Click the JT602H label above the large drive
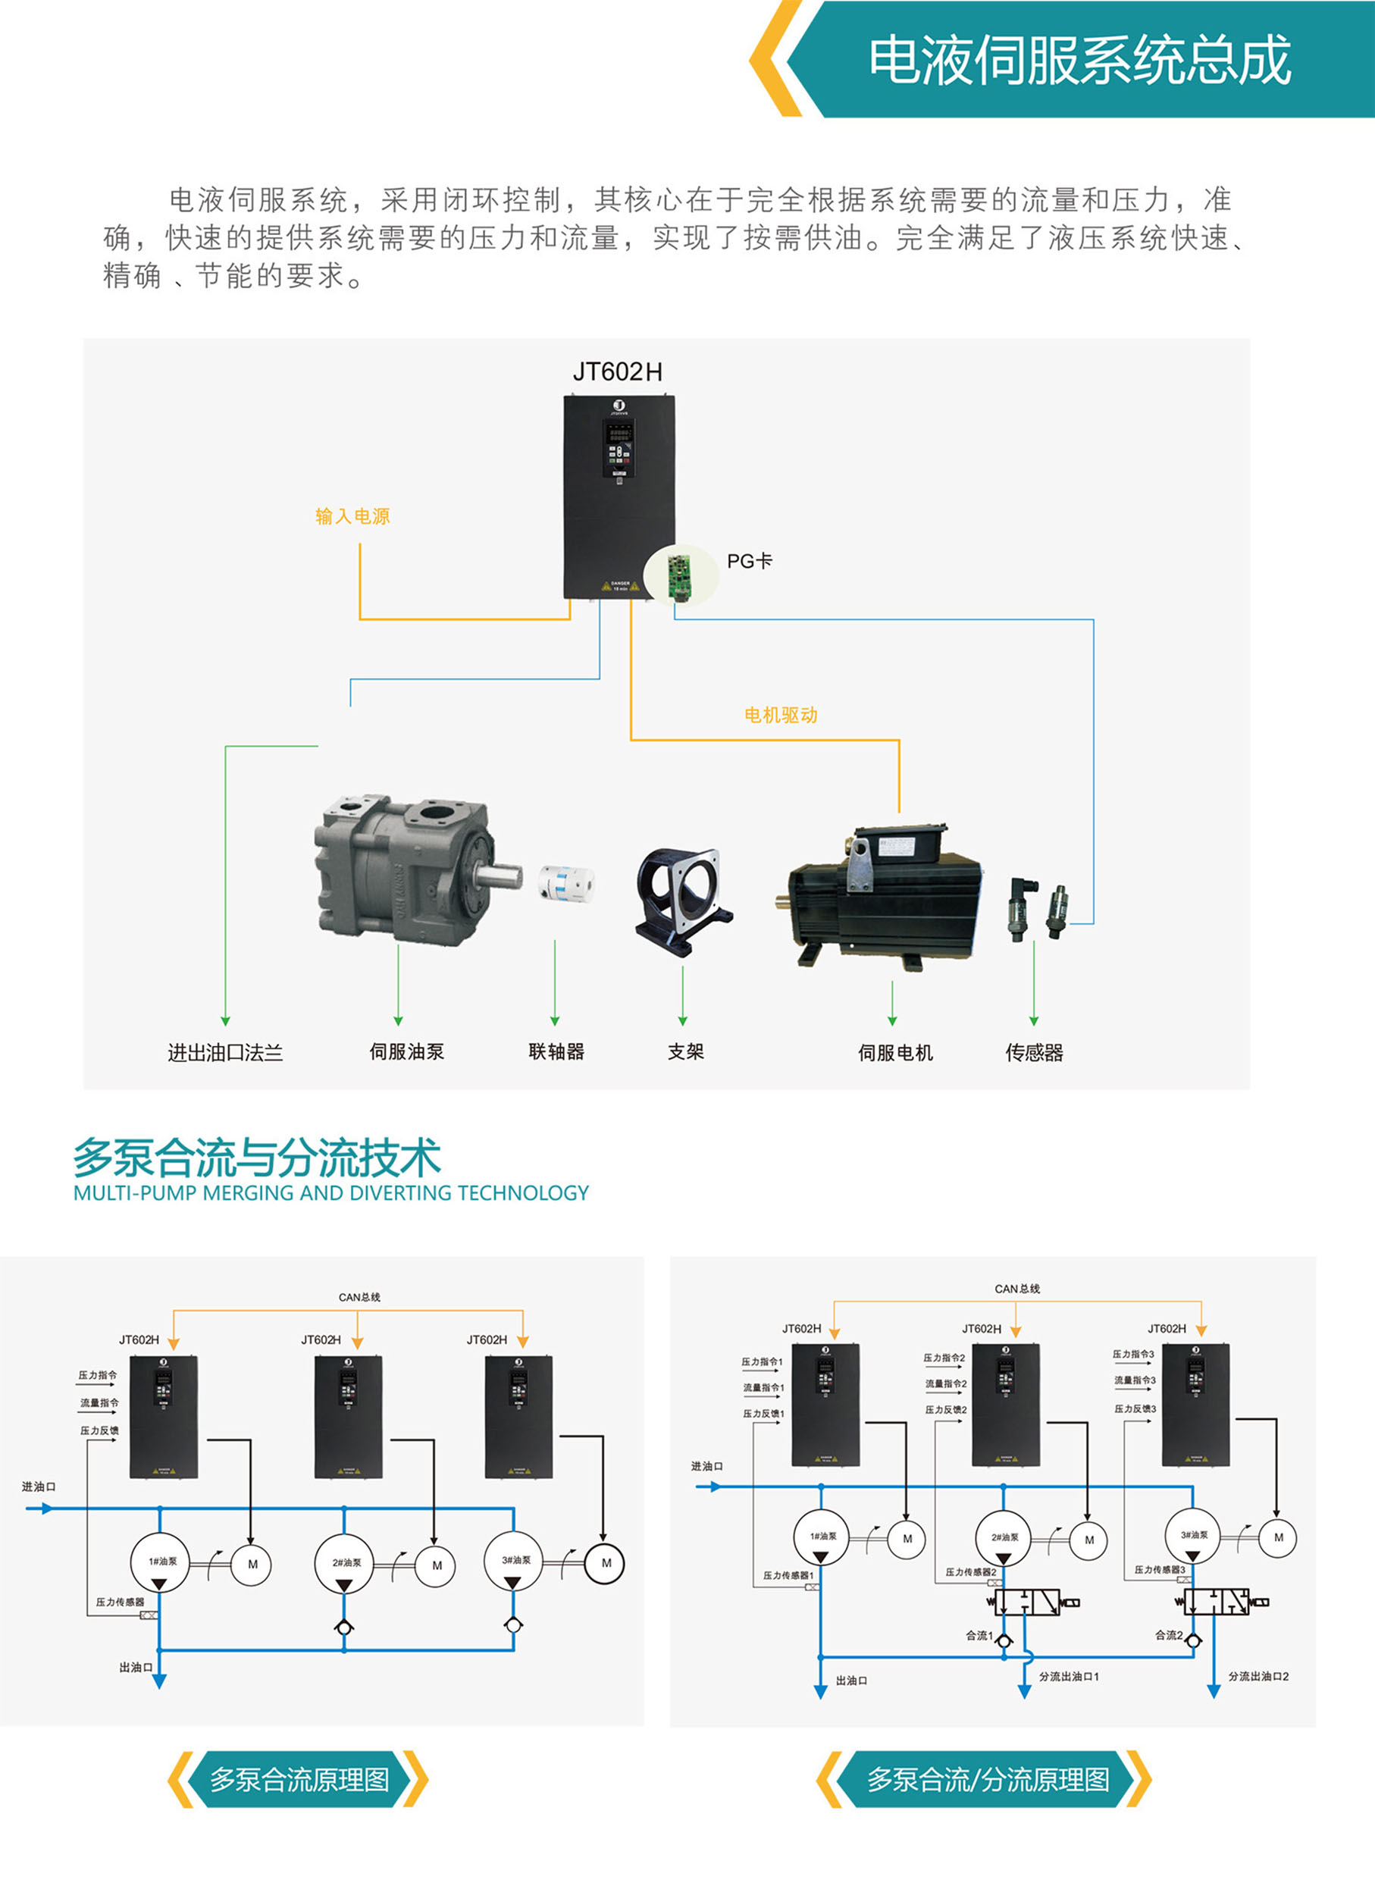tap(618, 372)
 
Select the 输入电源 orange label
tap(352, 516)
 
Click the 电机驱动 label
tap(781, 715)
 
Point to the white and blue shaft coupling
tap(566, 884)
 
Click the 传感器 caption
tap(1034, 1053)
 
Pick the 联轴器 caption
tap(556, 1052)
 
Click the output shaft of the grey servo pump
tap(500, 876)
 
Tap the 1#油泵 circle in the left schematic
tap(161, 1562)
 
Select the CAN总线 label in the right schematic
tap(1017, 1289)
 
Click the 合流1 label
tap(979, 1637)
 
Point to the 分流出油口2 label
tap(1258, 1676)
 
